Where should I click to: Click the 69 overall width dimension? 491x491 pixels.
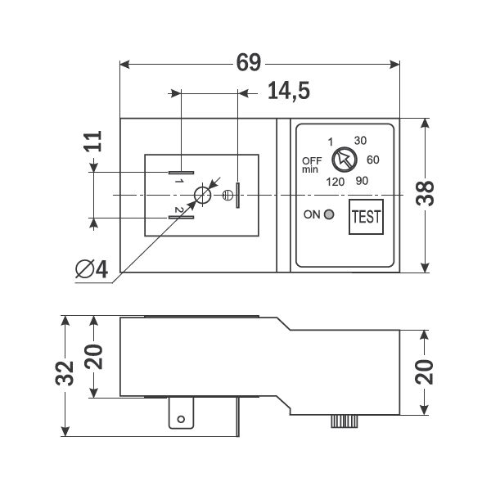248,62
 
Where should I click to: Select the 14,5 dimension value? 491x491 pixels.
289,91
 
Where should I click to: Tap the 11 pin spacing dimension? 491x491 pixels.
93,142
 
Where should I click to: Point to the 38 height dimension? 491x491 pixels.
425,193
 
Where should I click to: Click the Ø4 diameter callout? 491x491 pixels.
92,269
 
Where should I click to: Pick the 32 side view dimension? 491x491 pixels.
65,373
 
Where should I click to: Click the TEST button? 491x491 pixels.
366,217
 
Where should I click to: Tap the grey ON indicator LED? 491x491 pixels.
329,214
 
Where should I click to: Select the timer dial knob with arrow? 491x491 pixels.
345,160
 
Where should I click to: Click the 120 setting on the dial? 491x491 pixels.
335,182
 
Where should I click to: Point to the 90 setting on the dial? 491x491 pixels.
362,181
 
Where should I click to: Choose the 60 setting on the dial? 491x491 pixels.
373,160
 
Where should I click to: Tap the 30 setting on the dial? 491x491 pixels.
360,141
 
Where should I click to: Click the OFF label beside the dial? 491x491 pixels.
312,161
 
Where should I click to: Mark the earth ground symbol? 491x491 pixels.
227,196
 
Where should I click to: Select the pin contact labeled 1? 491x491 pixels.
181,173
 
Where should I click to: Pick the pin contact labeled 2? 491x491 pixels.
181,218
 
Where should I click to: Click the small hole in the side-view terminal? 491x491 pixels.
181,419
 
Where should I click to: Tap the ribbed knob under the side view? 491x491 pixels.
345,421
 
